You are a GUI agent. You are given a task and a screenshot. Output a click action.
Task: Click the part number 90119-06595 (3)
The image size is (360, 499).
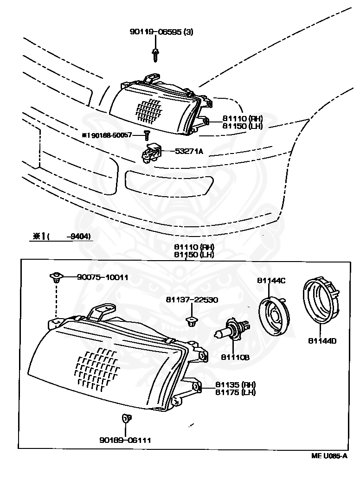pyautogui.click(x=161, y=32)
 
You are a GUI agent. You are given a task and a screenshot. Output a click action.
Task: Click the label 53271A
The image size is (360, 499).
pyautogui.click(x=189, y=151)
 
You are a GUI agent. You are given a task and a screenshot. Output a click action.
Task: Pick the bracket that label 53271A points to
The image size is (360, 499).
pyautogui.click(x=151, y=154)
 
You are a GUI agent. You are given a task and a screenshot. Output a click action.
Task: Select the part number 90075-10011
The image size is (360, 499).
pyautogui.click(x=103, y=277)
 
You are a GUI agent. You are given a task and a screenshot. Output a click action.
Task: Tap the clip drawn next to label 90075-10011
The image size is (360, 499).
pyautogui.click(x=56, y=277)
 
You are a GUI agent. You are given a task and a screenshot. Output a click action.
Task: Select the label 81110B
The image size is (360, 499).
pyautogui.click(x=235, y=357)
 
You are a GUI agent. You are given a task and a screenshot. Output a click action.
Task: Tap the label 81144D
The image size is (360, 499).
pyautogui.click(x=322, y=341)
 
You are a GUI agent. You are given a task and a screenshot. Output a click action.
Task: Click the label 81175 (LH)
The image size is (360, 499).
pyautogui.click(x=235, y=392)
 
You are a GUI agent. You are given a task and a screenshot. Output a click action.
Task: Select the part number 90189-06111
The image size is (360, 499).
pyautogui.click(x=125, y=440)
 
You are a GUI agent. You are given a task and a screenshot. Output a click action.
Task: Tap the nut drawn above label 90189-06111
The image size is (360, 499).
pyautogui.click(x=125, y=419)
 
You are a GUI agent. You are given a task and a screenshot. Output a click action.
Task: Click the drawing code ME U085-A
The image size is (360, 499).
pyautogui.click(x=329, y=456)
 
